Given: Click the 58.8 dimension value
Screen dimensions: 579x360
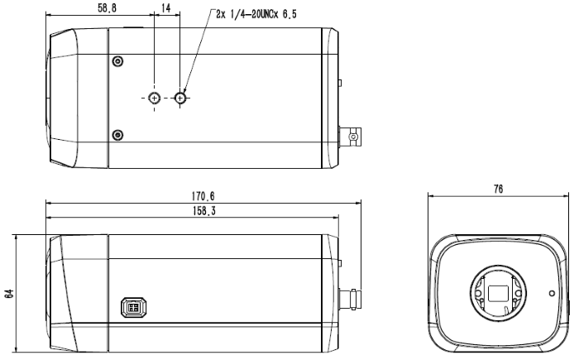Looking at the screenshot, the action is tap(107, 8).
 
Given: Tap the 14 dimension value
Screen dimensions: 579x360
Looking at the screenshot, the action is tap(166, 8).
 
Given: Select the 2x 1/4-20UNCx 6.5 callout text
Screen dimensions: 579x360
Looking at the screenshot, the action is tap(256, 14).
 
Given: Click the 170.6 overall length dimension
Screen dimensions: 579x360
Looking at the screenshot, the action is tap(203, 196).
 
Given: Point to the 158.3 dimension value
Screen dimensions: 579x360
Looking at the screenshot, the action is tap(204, 211).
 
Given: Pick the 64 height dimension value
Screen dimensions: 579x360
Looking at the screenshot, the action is tap(9, 294).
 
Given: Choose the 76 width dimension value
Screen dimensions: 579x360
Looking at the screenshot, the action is tap(498, 189).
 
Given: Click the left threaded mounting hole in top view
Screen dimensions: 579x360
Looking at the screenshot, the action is tap(155, 98).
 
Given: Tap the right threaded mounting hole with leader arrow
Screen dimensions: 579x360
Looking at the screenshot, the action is tap(180, 98).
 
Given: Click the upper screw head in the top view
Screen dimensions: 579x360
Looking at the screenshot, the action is tap(117, 61).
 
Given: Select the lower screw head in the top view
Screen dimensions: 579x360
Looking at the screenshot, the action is tap(117, 135).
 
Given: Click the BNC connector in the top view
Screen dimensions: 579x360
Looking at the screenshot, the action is tap(350, 137).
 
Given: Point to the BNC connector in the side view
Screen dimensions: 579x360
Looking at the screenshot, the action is tap(350, 299).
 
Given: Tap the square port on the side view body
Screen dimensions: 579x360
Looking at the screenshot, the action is tap(134, 308).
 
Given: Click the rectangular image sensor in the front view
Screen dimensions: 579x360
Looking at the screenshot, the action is tap(499, 293).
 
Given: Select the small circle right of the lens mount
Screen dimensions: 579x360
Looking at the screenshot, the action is tap(552, 293).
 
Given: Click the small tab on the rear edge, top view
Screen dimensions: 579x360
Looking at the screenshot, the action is tap(340, 83).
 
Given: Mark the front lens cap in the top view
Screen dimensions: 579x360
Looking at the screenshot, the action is tap(62, 98).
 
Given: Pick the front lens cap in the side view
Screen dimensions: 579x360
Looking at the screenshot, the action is tap(62, 293).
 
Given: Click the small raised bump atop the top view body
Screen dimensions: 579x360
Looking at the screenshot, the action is tap(133, 27).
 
